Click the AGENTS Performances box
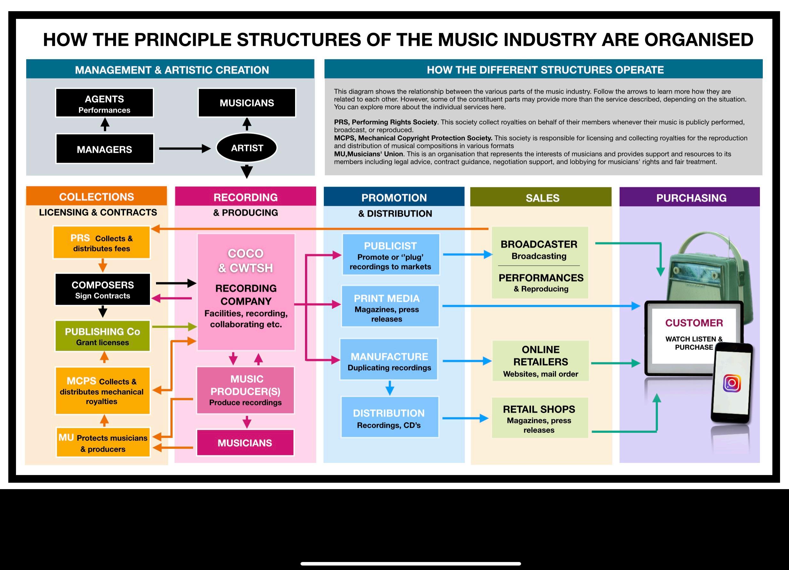tap(104, 103)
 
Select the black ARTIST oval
tap(247, 148)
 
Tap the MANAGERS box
tap(104, 149)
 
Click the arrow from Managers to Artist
tap(184, 149)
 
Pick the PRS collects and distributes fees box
tap(102, 243)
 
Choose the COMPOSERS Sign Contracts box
tap(103, 290)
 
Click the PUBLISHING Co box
tap(103, 336)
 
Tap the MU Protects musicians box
tap(103, 443)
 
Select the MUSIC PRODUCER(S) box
tap(246, 390)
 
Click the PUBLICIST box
tap(390, 255)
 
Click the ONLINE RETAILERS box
tap(540, 361)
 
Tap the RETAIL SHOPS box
tap(540, 418)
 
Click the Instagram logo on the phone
tap(731, 383)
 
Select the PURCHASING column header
tap(691, 198)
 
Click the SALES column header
tap(542, 198)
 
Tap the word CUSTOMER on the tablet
tap(694, 323)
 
